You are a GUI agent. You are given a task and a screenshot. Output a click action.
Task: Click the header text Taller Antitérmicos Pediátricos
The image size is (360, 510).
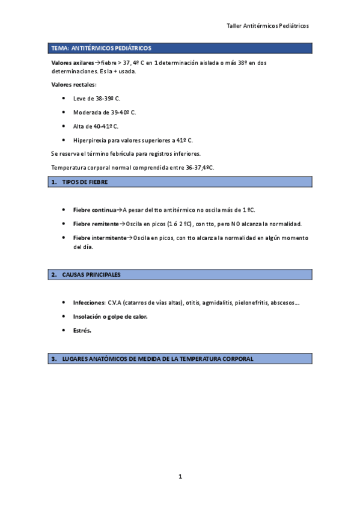[267, 26]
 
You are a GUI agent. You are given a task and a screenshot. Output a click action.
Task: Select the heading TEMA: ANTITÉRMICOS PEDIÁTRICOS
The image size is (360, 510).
[102, 48]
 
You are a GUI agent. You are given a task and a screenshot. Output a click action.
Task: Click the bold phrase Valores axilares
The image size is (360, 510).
[73, 63]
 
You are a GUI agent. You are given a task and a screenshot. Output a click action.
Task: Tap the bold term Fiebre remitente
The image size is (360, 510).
[96, 224]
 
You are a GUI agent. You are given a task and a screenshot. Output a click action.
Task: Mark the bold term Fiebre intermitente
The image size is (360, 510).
[100, 238]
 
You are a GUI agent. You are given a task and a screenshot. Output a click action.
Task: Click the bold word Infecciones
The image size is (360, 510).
[89, 303]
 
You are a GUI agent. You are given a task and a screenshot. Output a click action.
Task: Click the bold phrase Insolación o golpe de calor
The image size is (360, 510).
[110, 316]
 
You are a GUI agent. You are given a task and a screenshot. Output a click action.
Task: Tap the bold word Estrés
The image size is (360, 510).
[82, 330]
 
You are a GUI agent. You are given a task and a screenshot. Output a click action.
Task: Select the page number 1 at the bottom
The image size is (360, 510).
[180, 477]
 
